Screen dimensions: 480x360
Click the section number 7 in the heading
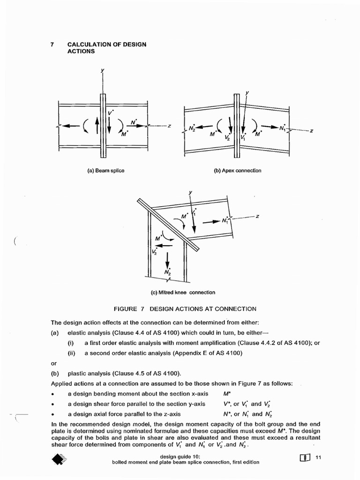point(52,45)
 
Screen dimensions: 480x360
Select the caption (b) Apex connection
point(238,171)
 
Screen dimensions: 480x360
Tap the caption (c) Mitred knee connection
point(183,292)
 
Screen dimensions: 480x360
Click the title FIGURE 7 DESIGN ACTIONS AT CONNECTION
point(185,309)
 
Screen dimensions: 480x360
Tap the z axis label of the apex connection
point(311,131)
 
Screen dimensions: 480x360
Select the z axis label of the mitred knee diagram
point(257,216)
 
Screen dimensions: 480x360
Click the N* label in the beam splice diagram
point(134,123)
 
